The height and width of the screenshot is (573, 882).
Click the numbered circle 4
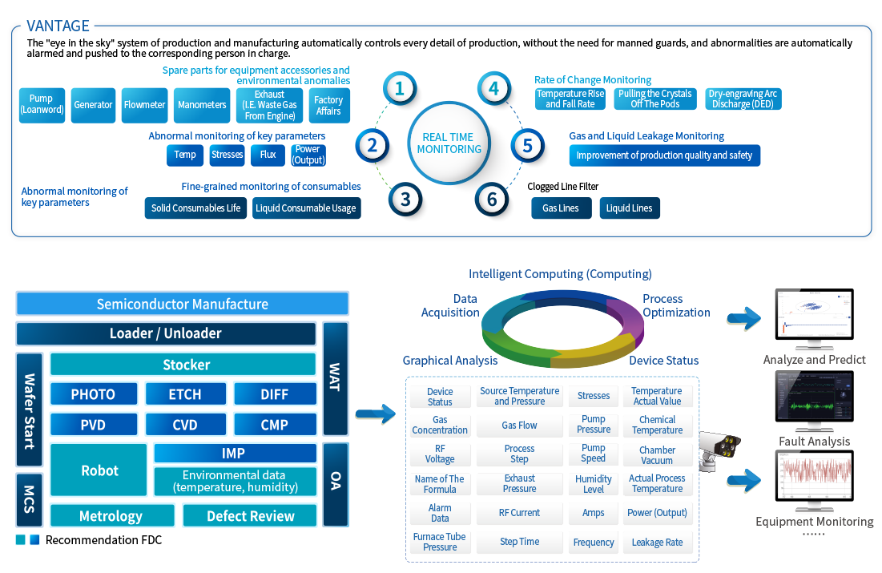(494, 88)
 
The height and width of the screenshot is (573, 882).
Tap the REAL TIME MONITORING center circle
(449, 143)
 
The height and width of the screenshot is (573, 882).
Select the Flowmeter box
(144, 105)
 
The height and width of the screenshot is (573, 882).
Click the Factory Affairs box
(328, 105)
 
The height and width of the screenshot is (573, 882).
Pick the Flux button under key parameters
(268, 155)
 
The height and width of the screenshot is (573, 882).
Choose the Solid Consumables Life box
(195, 208)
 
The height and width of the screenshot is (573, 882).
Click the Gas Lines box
(561, 208)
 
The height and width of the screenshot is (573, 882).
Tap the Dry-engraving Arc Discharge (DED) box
(742, 99)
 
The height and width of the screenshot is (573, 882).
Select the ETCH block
(185, 394)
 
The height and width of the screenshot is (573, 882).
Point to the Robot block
(99, 470)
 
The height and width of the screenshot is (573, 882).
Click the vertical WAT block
(335, 378)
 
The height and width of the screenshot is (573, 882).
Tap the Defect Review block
(250, 516)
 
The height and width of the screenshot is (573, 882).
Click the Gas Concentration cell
(440, 425)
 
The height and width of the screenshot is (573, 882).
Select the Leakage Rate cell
(657, 543)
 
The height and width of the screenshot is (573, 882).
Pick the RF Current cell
(519, 513)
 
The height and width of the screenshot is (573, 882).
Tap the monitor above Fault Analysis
(814, 404)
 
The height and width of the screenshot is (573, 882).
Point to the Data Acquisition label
(450, 305)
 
